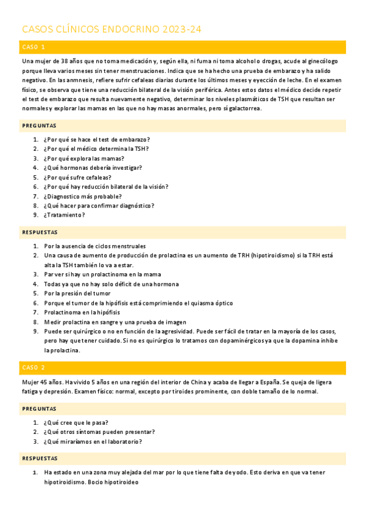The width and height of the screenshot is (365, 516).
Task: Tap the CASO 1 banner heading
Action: tap(34, 47)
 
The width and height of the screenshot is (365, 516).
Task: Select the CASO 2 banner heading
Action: tap(34, 368)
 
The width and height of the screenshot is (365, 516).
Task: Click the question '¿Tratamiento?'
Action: tap(65, 215)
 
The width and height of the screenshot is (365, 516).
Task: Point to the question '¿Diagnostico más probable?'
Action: tap(82, 196)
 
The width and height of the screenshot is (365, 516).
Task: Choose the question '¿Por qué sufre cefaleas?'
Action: tap(77, 177)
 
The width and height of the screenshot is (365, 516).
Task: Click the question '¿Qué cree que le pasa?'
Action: tap(76, 422)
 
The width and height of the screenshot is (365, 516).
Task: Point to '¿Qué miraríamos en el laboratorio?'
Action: tap(93, 442)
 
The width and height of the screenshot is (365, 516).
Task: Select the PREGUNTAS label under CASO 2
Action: tap(39, 409)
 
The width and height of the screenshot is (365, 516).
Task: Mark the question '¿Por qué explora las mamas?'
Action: tap(83, 158)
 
